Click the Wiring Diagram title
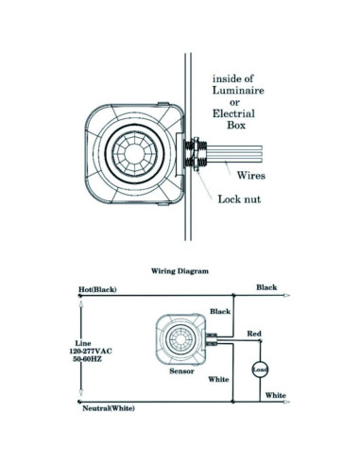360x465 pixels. (180, 269)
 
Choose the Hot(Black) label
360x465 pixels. (97, 289)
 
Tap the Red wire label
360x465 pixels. (254, 335)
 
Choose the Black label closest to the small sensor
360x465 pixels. (219, 311)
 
